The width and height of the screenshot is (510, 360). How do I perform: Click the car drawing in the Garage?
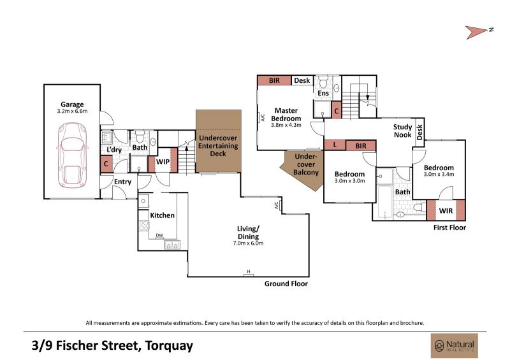click(x=72, y=155)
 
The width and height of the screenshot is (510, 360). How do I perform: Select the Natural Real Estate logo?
click(x=455, y=346)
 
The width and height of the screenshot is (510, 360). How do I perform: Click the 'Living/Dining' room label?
click(x=248, y=233)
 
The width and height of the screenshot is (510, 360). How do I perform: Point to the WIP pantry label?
click(x=163, y=161)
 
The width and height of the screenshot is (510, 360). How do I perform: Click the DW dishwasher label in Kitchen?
click(x=159, y=235)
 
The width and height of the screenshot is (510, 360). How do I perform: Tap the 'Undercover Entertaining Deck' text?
click(x=218, y=146)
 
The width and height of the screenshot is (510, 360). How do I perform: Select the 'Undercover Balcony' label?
click(x=306, y=164)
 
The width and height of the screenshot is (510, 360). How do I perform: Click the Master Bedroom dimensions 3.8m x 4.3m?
click(x=286, y=125)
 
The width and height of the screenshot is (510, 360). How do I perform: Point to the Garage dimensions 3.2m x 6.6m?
click(x=72, y=111)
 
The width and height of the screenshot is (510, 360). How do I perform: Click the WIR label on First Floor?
click(x=446, y=211)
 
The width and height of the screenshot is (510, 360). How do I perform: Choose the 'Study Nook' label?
click(x=403, y=131)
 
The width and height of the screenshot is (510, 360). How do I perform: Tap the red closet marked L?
click(x=335, y=145)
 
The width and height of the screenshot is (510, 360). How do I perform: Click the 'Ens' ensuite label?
click(x=323, y=93)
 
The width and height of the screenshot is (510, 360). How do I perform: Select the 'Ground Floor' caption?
click(x=286, y=284)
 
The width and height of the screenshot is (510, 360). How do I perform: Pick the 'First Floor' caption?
click(x=449, y=227)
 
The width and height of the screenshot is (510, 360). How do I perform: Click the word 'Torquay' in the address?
click(x=169, y=346)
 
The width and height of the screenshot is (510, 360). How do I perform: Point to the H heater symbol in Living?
click(x=249, y=271)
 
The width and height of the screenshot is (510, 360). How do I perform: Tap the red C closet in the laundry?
click(x=106, y=164)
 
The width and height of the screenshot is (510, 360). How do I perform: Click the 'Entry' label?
click(x=122, y=182)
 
